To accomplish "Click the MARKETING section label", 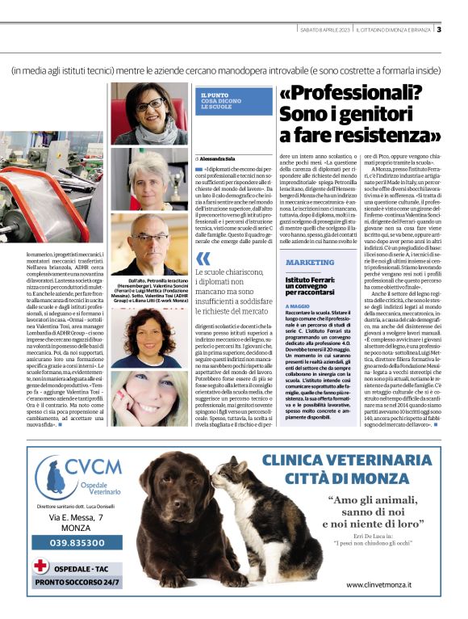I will pyautogui.click(x=310, y=263).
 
